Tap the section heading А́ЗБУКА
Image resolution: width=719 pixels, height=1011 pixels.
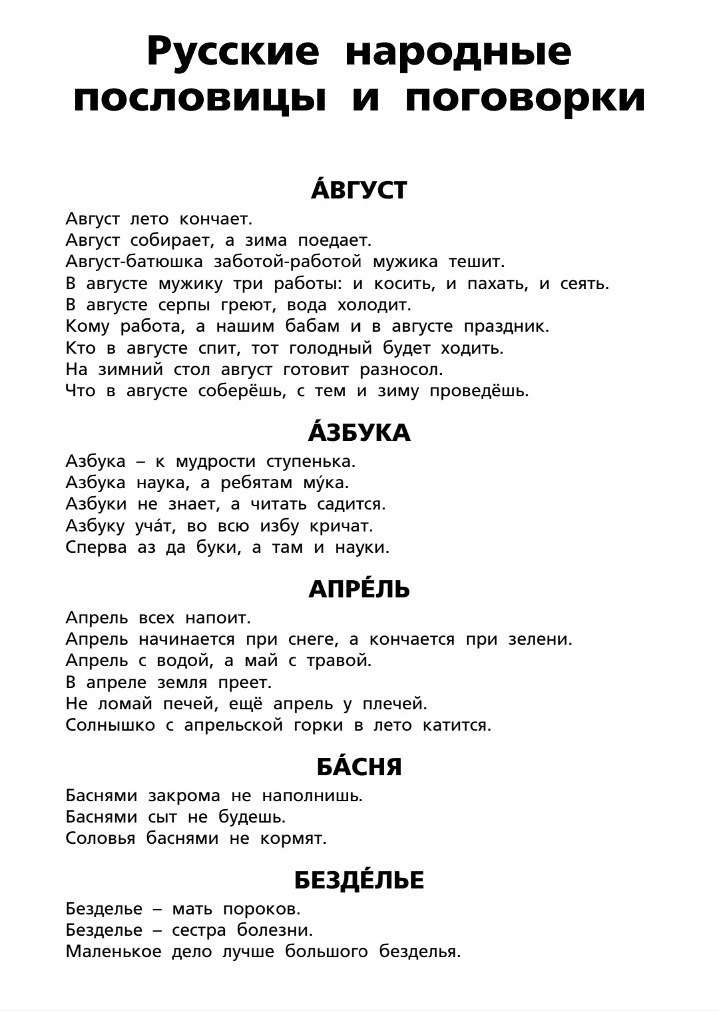pos(359,434)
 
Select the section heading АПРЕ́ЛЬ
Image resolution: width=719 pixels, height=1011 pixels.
pos(359,589)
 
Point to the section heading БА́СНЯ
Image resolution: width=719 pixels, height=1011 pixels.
pos(359,767)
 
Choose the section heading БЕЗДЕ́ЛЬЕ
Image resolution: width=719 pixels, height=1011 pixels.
pos(359,880)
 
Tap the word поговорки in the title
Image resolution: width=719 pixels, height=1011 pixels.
pos(525,99)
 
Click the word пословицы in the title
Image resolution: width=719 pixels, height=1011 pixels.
pos(200,99)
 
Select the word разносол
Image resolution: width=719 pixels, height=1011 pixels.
pos(401,369)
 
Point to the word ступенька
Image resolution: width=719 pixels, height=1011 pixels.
pos(311,461)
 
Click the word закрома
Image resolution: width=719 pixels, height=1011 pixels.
pos(184,795)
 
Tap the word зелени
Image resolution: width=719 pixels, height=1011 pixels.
pos(540,639)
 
